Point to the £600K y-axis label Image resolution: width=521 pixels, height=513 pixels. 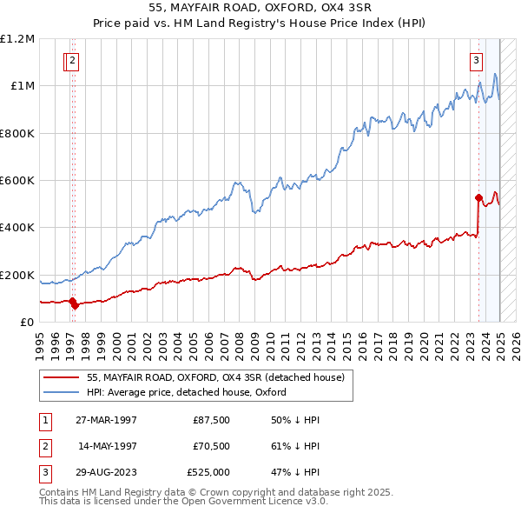tap(17, 180)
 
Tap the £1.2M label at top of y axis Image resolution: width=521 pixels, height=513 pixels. tap(18, 38)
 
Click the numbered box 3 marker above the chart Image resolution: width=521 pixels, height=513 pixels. tap(477, 61)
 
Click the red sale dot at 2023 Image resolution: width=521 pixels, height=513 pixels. tap(478, 197)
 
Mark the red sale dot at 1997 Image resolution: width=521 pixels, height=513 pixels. tap(74, 304)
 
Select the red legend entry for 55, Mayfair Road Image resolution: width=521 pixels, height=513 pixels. tap(215, 377)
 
